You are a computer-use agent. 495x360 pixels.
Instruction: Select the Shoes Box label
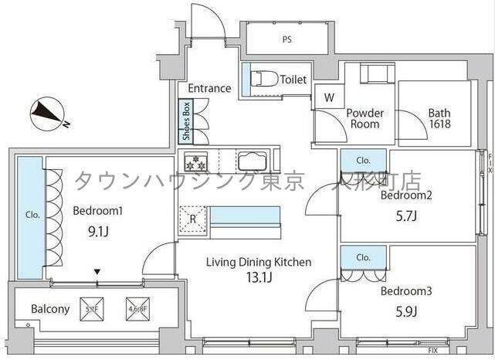(x=186, y=122)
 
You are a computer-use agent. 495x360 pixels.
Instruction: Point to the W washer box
(x=329, y=97)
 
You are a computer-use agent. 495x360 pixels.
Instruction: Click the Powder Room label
(x=364, y=118)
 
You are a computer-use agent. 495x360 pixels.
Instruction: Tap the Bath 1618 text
(x=439, y=118)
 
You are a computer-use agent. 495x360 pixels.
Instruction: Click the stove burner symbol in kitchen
(x=195, y=163)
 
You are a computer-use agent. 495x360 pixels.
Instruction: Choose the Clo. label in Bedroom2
(x=363, y=160)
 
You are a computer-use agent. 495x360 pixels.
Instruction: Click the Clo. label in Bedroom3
(x=363, y=257)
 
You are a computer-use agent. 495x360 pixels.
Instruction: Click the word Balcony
(x=50, y=310)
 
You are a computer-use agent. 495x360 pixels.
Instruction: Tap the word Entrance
(x=209, y=88)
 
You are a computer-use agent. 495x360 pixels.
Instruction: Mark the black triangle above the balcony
(x=97, y=272)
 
